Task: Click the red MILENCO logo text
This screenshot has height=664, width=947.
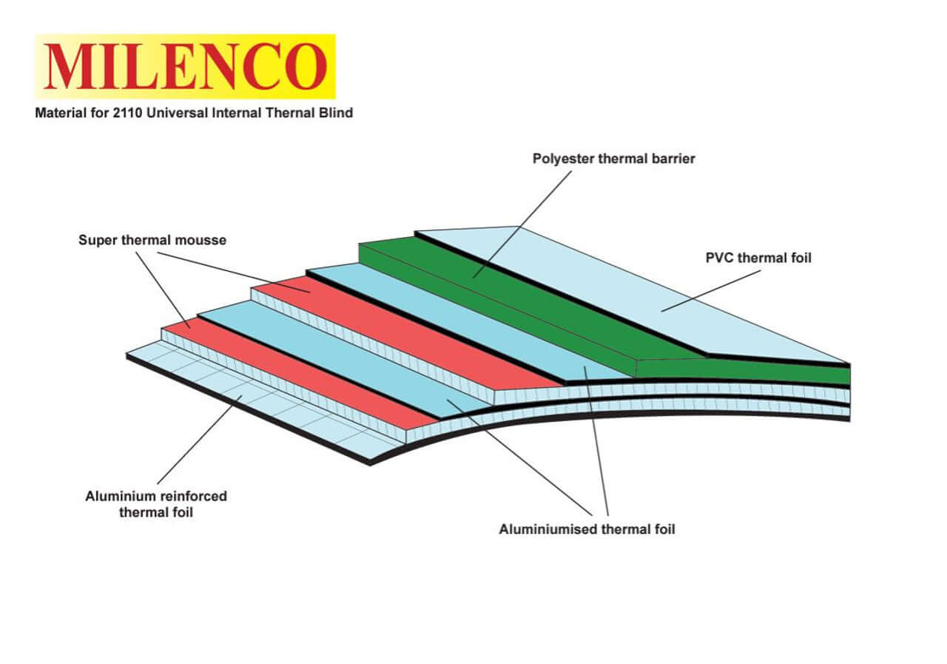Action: click(x=185, y=67)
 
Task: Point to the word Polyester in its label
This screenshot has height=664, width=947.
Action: click(x=561, y=158)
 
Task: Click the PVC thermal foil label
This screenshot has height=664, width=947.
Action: click(x=758, y=258)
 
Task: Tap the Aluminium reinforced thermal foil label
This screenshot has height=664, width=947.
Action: click(x=156, y=503)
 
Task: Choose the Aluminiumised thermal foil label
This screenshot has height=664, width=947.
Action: click(x=587, y=529)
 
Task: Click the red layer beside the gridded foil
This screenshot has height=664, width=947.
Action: click(x=296, y=370)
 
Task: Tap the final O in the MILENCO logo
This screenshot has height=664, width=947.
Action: click(x=306, y=67)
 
